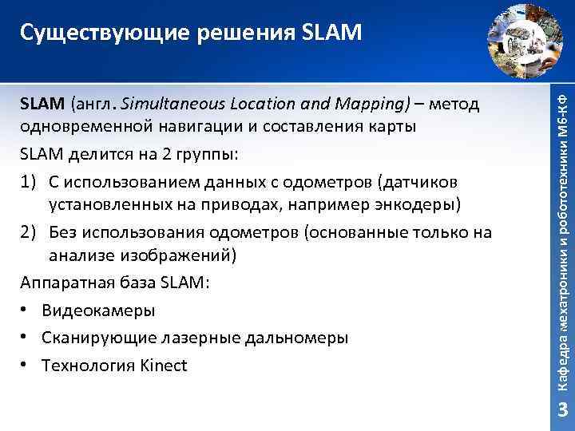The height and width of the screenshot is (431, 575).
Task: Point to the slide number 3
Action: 561,410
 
